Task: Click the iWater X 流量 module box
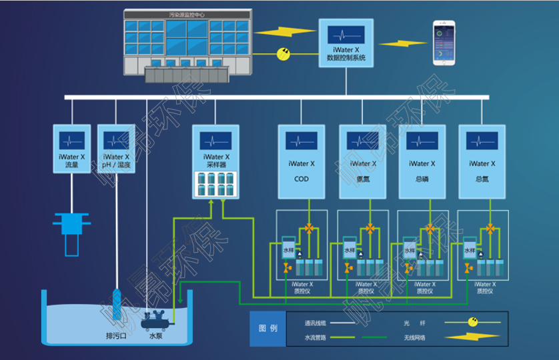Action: (x=71, y=148)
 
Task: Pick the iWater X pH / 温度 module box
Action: (x=116, y=148)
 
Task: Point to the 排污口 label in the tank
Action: (x=117, y=335)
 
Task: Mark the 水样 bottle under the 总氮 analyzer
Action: (x=469, y=251)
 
